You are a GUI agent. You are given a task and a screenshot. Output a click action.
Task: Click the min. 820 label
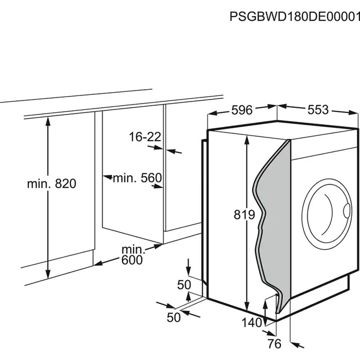(x=51, y=184)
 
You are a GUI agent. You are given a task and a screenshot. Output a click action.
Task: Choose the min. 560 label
(x=137, y=178)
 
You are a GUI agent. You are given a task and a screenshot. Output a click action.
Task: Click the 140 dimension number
(x=251, y=322)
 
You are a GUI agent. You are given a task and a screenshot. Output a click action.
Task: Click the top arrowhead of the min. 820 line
(x=48, y=119)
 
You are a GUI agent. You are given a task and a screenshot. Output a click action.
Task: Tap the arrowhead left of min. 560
(x=106, y=178)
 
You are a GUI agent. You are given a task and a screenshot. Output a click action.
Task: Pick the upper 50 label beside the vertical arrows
(x=184, y=284)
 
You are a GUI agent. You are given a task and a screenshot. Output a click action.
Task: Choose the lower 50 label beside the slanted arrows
(x=173, y=317)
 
